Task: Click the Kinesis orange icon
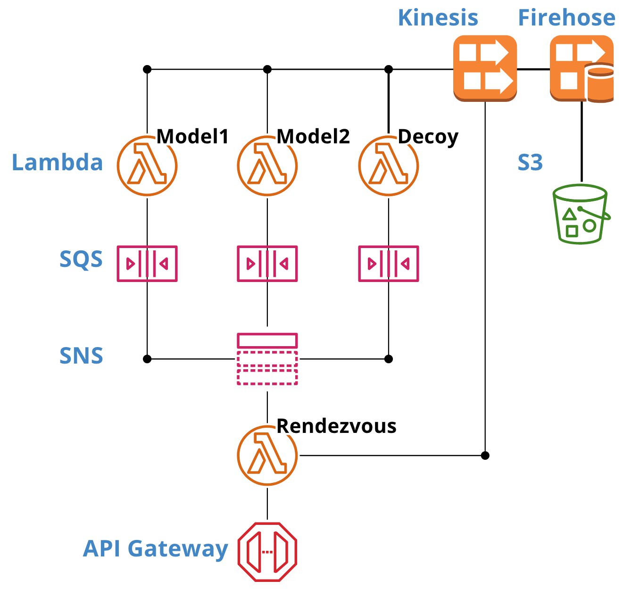(485, 68)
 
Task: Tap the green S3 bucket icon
(581, 214)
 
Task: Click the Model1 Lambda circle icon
(147, 166)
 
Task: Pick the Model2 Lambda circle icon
(267, 166)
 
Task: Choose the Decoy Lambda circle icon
(389, 166)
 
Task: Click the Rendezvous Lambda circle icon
(267, 456)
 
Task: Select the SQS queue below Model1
(147, 264)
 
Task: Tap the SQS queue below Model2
(267, 264)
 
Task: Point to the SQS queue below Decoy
(389, 264)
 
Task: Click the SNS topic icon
(267, 359)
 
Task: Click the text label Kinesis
(438, 18)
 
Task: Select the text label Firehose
(566, 18)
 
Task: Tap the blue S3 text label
(530, 163)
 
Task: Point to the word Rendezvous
(336, 426)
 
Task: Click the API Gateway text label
(156, 549)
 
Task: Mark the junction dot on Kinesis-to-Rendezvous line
(485, 456)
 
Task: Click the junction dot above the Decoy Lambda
(389, 69)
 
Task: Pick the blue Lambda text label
(57, 163)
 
